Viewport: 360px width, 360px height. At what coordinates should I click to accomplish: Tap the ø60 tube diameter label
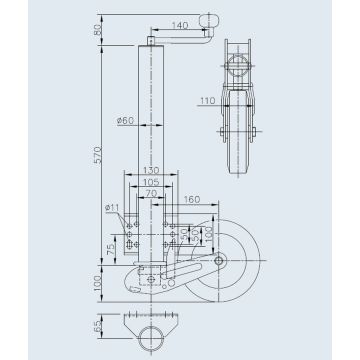pos(125,122)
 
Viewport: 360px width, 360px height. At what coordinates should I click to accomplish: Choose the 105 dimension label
pos(148,183)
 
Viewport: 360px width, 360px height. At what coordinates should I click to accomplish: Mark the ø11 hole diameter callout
pos(111,207)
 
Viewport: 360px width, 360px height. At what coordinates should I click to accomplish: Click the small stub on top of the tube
pos(151,41)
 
